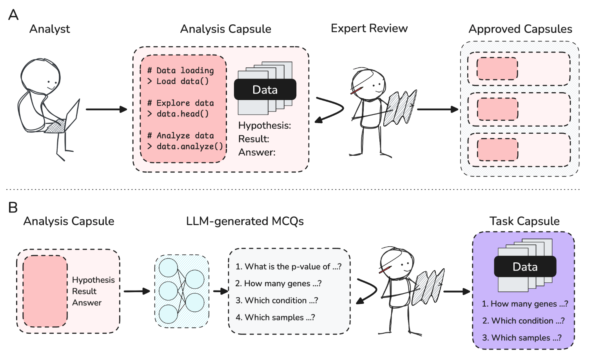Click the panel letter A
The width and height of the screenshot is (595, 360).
13,15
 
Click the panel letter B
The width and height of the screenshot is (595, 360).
13,207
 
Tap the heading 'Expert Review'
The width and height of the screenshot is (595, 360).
369,28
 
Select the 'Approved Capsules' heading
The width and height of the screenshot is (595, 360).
520,29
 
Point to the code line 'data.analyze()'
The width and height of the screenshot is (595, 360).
190,147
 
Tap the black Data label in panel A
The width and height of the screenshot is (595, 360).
265,90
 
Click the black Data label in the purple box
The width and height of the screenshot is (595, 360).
525,267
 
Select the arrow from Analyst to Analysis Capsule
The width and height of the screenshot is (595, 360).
106,109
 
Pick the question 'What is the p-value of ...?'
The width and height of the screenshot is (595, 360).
288,267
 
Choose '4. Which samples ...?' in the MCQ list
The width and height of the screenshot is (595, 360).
275,317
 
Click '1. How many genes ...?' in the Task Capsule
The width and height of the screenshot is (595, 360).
524,304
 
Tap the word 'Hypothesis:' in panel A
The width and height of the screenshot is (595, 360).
265,125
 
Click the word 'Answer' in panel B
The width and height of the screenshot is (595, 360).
87,303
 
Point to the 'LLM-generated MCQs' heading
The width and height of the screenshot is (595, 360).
245,221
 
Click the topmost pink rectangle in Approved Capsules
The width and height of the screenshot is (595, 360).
497,69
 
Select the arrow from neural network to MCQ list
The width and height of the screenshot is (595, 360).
221,291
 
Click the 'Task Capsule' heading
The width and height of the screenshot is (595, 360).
524,221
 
